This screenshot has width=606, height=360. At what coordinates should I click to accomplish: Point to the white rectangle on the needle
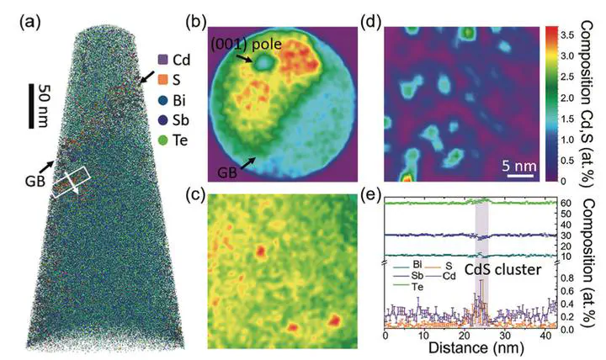coord(71,182)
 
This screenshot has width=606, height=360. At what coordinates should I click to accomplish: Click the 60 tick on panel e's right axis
coord(570,203)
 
